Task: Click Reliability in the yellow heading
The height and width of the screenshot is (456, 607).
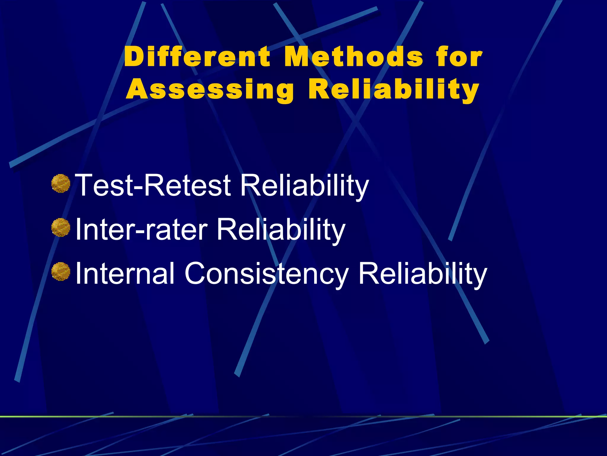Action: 394,90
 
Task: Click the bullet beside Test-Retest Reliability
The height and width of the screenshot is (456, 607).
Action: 61,183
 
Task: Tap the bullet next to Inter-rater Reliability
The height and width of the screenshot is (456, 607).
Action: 61,227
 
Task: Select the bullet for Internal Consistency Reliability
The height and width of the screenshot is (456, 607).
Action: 61,271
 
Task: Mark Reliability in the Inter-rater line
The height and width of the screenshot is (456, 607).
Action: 281,229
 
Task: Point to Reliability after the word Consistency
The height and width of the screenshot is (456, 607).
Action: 423,273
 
